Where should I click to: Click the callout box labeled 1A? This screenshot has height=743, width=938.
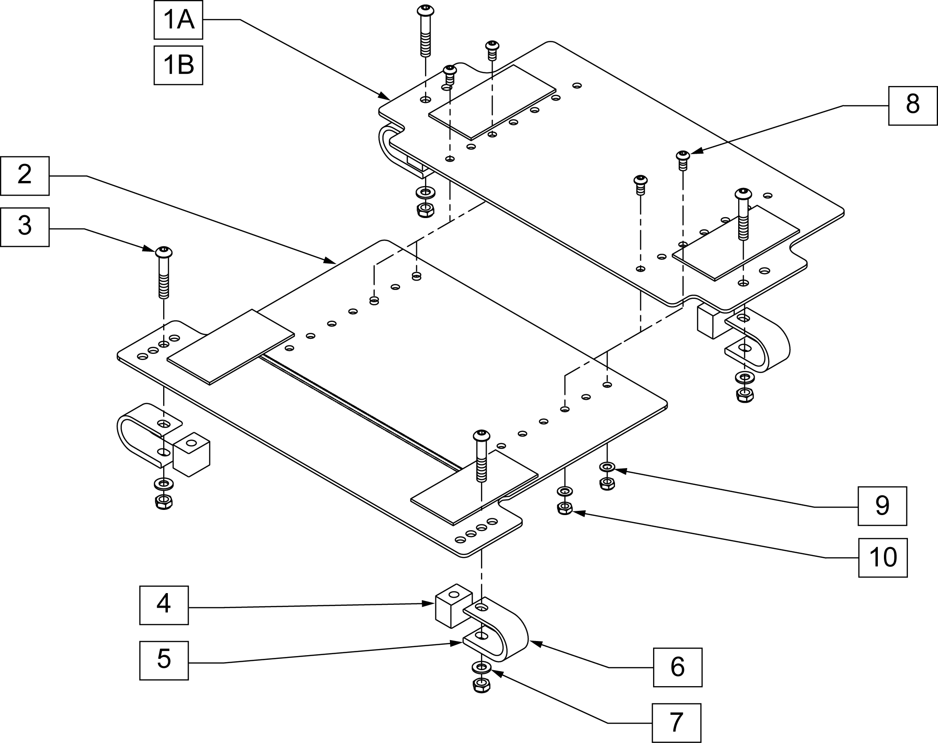coord(178,20)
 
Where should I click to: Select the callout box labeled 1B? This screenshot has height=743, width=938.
coord(178,65)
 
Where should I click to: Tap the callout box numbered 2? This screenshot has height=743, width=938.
coord(24,175)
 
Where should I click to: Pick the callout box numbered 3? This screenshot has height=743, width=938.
coord(24,227)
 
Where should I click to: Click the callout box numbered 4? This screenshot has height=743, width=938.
coord(164,605)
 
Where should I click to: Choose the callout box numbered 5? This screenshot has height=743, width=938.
coord(164,660)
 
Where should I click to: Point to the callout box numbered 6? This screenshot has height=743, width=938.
coord(678,667)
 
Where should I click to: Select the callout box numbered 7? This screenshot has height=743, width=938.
coord(676,723)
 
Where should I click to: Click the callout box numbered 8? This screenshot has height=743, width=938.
coord(913,105)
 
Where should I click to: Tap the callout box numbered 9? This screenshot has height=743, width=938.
coord(882,506)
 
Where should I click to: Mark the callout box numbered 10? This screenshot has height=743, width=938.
coord(883,557)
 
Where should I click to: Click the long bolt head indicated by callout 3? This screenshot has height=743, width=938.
coord(164,251)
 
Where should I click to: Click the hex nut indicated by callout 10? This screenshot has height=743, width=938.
coord(564,508)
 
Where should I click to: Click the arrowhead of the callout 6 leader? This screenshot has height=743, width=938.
coord(532,642)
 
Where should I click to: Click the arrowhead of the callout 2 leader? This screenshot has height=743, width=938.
coord(330,261)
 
